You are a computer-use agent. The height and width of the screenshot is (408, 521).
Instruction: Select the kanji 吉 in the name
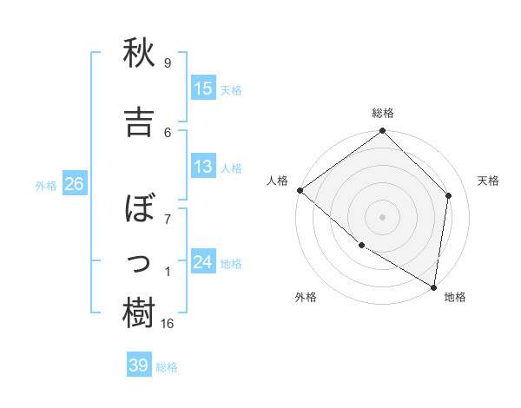139,122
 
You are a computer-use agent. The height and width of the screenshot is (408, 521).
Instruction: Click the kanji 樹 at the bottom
139,313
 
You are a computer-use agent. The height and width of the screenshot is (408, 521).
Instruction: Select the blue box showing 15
203,88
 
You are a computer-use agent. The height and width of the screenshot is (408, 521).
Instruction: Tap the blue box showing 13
203,166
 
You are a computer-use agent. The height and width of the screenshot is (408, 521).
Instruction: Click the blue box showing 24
203,261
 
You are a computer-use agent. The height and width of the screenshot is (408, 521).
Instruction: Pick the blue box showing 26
74,183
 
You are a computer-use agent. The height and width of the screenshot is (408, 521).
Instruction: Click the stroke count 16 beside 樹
168,323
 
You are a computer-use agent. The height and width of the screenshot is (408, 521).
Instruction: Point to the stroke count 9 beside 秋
168,63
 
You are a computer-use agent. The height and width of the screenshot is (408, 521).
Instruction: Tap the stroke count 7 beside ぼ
168,219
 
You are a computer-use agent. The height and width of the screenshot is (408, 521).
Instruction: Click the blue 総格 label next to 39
168,367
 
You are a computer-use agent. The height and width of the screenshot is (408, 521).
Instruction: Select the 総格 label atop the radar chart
383,113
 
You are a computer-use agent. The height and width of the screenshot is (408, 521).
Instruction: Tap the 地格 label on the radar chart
455,297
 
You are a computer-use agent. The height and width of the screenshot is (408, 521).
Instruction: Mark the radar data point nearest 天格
449,195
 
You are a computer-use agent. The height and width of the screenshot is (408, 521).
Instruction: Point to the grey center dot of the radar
383,216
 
